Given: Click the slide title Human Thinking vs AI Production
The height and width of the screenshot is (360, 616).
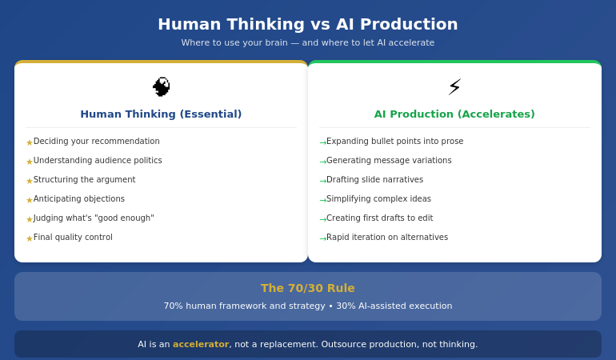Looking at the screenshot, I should click(308, 24).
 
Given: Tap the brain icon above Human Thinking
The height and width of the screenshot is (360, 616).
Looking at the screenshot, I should click(161, 86).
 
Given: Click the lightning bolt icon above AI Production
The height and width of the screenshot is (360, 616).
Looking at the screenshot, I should click(454, 86).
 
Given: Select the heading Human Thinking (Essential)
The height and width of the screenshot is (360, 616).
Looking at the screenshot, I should click(161, 114).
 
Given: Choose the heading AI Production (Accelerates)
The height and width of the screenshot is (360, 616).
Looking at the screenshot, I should click(454, 114).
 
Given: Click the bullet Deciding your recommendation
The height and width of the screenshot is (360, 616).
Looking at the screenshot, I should click(96, 142).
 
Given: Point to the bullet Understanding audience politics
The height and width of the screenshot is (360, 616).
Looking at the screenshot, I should click(98, 161).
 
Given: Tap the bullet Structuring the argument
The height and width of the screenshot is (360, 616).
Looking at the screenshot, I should click(84, 180).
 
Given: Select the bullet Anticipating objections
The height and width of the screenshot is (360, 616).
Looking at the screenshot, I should click(78, 199).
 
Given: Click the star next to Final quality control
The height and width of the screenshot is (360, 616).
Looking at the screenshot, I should click(30, 238).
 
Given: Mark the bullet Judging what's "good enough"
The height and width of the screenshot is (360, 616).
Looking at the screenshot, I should click(94, 218).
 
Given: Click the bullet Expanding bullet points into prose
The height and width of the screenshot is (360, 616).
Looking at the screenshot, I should click(394, 142).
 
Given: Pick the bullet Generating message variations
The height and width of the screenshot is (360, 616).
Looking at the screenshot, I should click(389, 161).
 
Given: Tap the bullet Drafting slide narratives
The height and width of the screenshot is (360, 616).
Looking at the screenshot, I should click(374, 180).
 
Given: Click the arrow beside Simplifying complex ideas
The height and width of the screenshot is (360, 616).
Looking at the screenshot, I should click(322, 200).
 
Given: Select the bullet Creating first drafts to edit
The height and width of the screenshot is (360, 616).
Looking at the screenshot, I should click(379, 218).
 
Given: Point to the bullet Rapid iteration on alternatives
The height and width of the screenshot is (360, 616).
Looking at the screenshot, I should click(387, 238).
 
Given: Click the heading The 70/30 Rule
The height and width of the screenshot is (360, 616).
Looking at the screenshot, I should click(308, 288).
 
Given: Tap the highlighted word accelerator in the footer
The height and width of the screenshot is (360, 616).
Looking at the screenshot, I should click(201, 345).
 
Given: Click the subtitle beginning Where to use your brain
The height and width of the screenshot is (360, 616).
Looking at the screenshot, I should click(308, 43).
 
